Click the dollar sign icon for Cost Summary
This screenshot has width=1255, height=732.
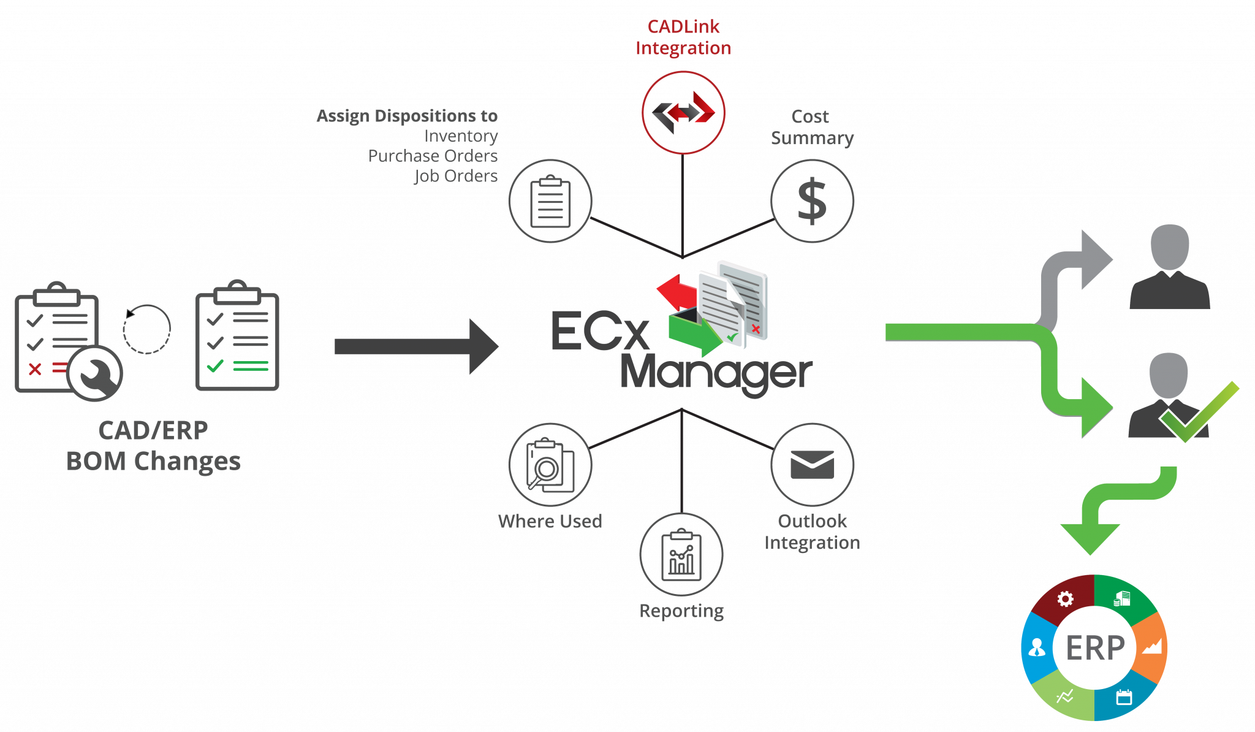(x=812, y=201)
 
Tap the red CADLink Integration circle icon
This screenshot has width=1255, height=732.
(x=683, y=113)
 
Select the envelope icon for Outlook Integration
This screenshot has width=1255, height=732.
(x=812, y=465)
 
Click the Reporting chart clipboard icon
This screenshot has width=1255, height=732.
(x=681, y=554)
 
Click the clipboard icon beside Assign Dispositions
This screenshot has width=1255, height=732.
(x=550, y=201)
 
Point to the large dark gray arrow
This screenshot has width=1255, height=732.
(x=417, y=346)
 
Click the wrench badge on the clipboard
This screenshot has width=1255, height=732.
(x=96, y=373)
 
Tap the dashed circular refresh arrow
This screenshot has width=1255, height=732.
(x=146, y=329)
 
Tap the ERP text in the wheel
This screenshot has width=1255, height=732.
(x=1095, y=648)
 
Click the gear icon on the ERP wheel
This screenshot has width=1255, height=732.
(x=1066, y=599)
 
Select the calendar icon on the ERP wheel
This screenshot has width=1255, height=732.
(x=1124, y=697)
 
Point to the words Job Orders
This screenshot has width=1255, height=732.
(x=456, y=176)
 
